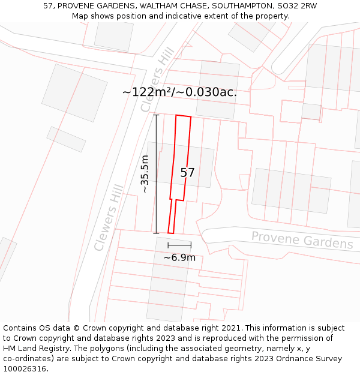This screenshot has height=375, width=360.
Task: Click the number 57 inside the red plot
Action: [187, 173]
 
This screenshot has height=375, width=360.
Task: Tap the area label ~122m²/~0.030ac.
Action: [179, 92]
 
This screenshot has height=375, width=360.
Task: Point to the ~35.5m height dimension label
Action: [145, 174]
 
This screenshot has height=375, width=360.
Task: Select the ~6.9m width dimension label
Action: [179, 257]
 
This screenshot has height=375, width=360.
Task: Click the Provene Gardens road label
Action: [302, 239]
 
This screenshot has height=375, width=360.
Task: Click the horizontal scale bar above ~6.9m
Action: [179, 245]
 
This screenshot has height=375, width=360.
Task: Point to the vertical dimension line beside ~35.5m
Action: [157, 174]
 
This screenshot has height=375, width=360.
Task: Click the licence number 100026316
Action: [25, 369]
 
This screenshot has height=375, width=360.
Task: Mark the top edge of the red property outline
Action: [184, 116]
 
